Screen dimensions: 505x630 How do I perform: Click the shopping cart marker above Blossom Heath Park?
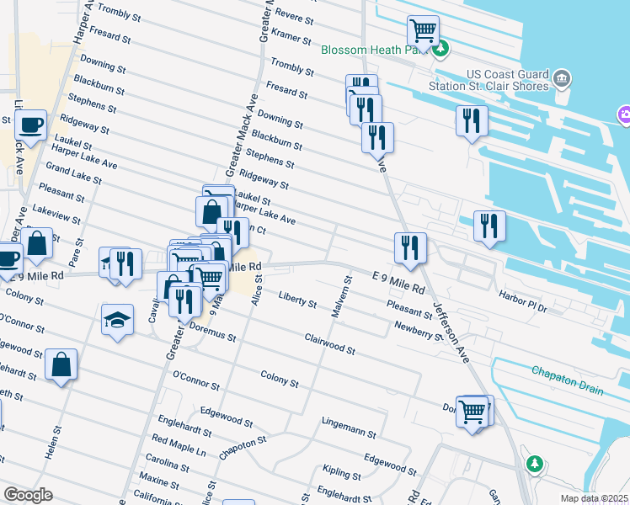pos(423,31)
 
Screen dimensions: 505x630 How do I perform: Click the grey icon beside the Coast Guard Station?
pos(563,80)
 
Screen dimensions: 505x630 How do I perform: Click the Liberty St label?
pos(297,300)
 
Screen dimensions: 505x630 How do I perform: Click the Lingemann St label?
pos(349,426)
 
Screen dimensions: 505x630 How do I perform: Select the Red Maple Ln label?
pos(178,445)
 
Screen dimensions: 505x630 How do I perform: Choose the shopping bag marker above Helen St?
pos(61,366)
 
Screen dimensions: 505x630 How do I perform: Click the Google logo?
pos(28,495)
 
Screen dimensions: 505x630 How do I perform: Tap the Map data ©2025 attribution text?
pos(594,498)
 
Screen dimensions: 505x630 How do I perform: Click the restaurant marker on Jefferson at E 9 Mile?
pos(410,247)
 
